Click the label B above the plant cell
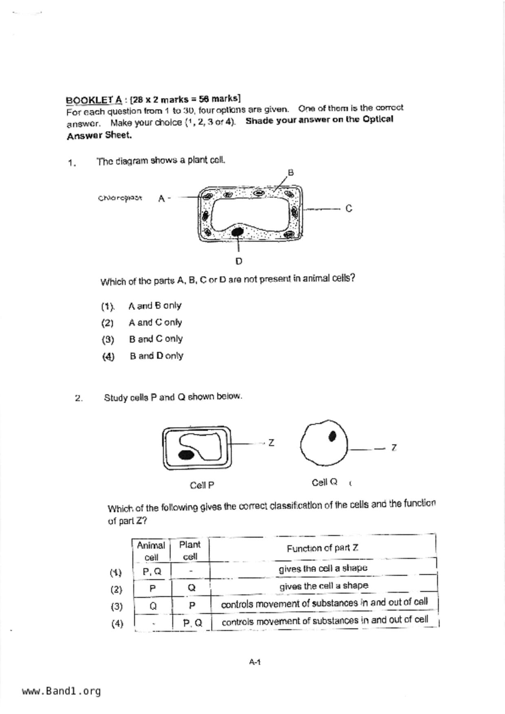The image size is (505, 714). pyautogui.click(x=291, y=173)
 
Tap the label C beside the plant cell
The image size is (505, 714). pyautogui.click(x=348, y=208)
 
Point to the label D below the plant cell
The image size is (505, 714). pyautogui.click(x=239, y=261)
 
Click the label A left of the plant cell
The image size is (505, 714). pyautogui.click(x=161, y=199)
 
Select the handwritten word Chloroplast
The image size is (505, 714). pyautogui.click(x=120, y=198)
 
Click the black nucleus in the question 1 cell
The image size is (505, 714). pyautogui.click(x=237, y=232)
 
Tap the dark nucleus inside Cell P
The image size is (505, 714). pyautogui.click(x=186, y=455)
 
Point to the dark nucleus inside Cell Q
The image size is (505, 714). pyautogui.click(x=333, y=436)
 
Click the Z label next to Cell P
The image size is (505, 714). pyautogui.click(x=271, y=442)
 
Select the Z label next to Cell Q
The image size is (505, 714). pyautogui.click(x=394, y=448)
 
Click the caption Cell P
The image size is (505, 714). pyautogui.click(x=202, y=485)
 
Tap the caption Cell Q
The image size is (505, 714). pyautogui.click(x=324, y=482)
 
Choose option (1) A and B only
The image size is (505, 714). pyautogui.click(x=154, y=306)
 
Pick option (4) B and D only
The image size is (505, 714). pyautogui.click(x=156, y=356)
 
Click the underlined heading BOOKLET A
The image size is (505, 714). pyautogui.click(x=94, y=100)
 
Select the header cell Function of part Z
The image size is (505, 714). pyautogui.click(x=322, y=548)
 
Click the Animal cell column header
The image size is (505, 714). pyautogui.click(x=151, y=551)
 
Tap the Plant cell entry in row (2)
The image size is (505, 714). pyautogui.click(x=192, y=588)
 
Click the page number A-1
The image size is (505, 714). pyautogui.click(x=255, y=662)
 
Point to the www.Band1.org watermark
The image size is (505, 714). pyautogui.click(x=61, y=691)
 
